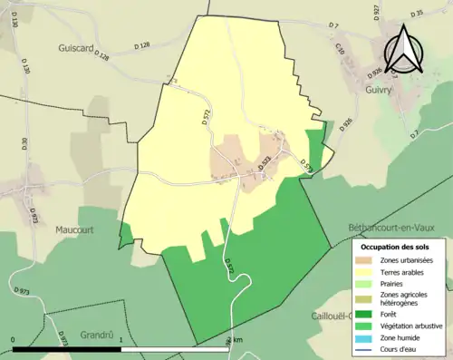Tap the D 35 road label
click(x=417, y=14)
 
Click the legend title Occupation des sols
click(x=395, y=247)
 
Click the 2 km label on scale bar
click(x=235, y=340)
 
